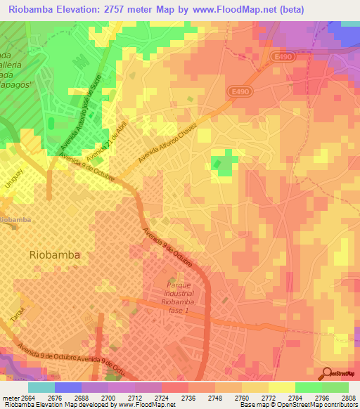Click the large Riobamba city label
tap(54, 254)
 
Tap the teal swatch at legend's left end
tap(41, 387)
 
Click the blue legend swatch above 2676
tap(68, 387)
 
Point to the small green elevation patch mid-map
tap(224, 162)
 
